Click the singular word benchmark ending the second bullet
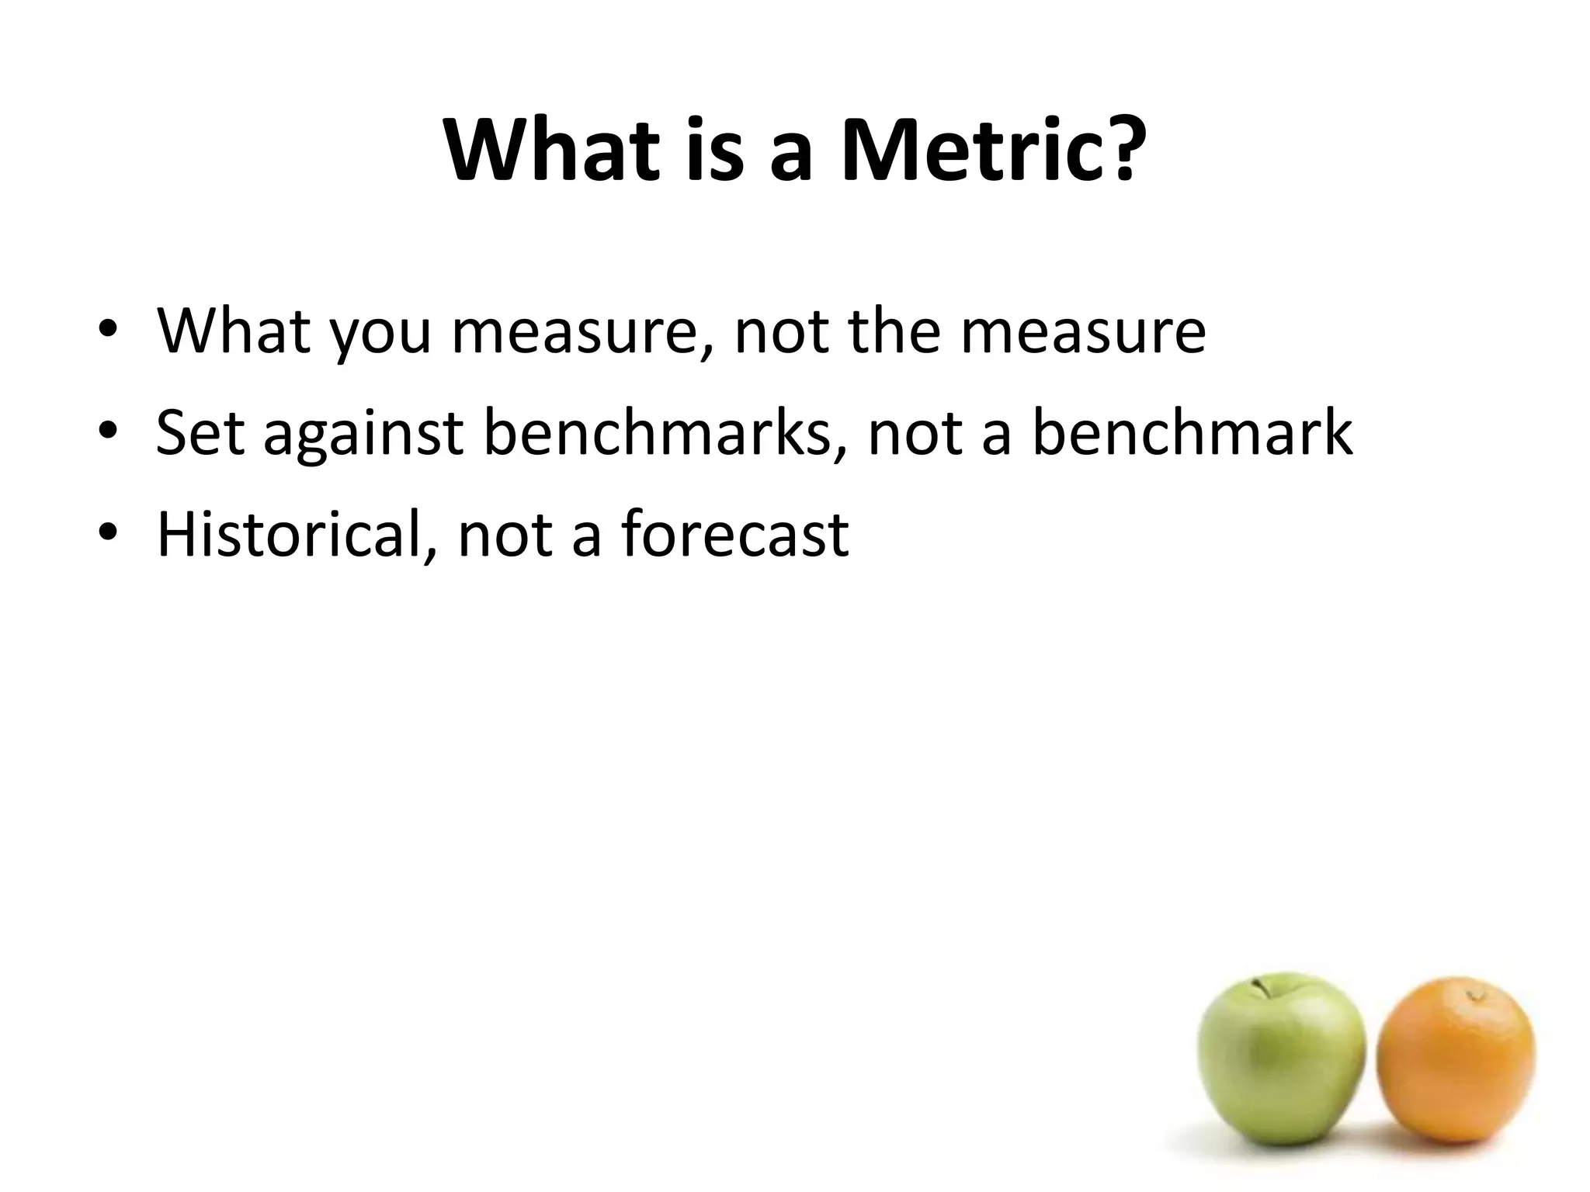click(x=1192, y=432)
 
